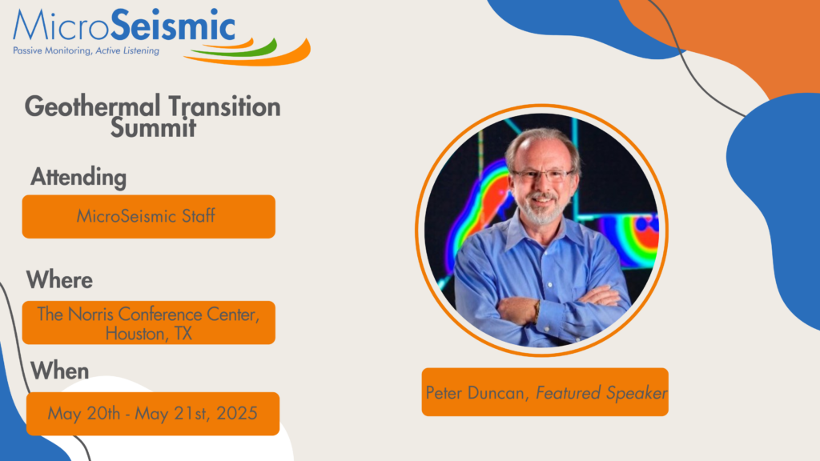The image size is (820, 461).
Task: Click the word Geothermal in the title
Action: click(x=92, y=107)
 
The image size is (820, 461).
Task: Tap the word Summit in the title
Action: click(x=153, y=127)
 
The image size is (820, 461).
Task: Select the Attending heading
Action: click(x=78, y=177)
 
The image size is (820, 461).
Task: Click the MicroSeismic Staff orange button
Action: click(x=148, y=216)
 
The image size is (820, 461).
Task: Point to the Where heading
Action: click(x=59, y=280)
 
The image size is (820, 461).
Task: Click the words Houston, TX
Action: click(x=148, y=334)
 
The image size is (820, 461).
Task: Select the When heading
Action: click(x=59, y=371)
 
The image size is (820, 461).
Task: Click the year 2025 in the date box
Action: click(x=237, y=414)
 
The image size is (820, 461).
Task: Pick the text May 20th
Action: click(x=83, y=414)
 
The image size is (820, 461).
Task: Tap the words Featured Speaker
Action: click(x=602, y=392)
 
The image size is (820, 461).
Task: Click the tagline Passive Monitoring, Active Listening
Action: click(x=86, y=50)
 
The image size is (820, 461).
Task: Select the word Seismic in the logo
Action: click(x=173, y=26)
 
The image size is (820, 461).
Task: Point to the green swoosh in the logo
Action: click(x=235, y=49)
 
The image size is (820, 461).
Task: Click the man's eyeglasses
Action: click(x=543, y=175)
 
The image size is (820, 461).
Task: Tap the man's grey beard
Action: click(x=542, y=210)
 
